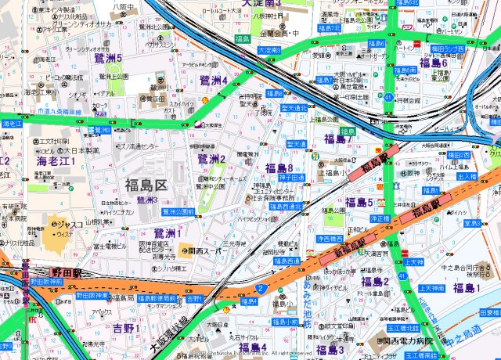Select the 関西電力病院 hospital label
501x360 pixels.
point(406,341)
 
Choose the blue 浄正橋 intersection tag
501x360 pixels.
point(380,218)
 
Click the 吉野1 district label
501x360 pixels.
point(126,328)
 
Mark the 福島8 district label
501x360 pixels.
point(279,168)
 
